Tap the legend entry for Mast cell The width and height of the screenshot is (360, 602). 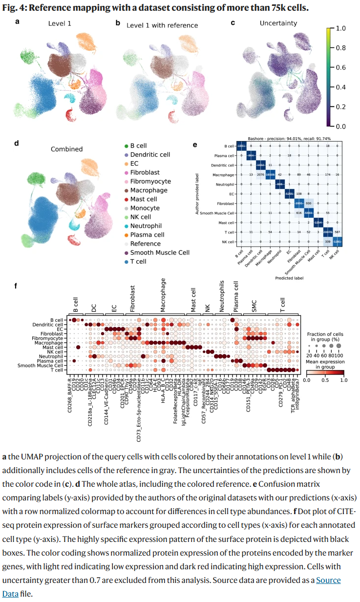pyautogui.click(x=143, y=199)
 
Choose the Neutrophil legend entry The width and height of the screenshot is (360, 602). pyautogui.click(x=145, y=226)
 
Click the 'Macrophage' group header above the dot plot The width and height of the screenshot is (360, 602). pyautogui.click(x=163, y=295)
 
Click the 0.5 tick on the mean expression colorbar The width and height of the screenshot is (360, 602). pyautogui.click(x=325, y=379)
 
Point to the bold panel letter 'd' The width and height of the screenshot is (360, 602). pyautogui.click(x=17, y=144)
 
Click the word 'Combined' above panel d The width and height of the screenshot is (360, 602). pyautogui.click(x=67, y=149)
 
